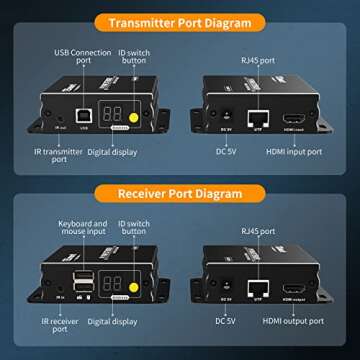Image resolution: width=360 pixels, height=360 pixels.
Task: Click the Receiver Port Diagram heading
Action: tap(179, 191)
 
